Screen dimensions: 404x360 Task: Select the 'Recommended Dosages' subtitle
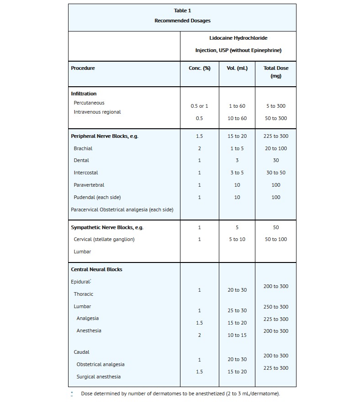point(182,21)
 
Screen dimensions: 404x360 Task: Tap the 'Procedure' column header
point(83,68)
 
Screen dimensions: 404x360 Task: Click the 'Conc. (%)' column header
point(199,68)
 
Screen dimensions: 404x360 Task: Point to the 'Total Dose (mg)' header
point(276,72)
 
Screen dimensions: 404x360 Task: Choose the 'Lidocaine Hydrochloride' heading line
point(238,38)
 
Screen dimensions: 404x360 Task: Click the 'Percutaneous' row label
point(89,103)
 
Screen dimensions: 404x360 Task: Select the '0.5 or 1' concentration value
point(199,106)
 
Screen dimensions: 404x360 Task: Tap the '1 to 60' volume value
point(237,106)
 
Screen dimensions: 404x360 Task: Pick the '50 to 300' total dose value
point(276,118)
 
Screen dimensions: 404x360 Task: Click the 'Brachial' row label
point(83,148)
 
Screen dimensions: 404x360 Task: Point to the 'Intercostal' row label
point(86,173)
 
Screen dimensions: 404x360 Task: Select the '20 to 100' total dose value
point(276,148)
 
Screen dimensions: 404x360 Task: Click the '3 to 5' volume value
point(237,173)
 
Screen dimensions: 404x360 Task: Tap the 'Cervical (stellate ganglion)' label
point(104,239)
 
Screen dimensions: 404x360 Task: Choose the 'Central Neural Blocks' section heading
point(96,269)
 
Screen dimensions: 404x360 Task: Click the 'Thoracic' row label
point(84,294)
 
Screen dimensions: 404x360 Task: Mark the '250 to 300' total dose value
point(276,307)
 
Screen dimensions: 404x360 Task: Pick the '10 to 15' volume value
point(237,335)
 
